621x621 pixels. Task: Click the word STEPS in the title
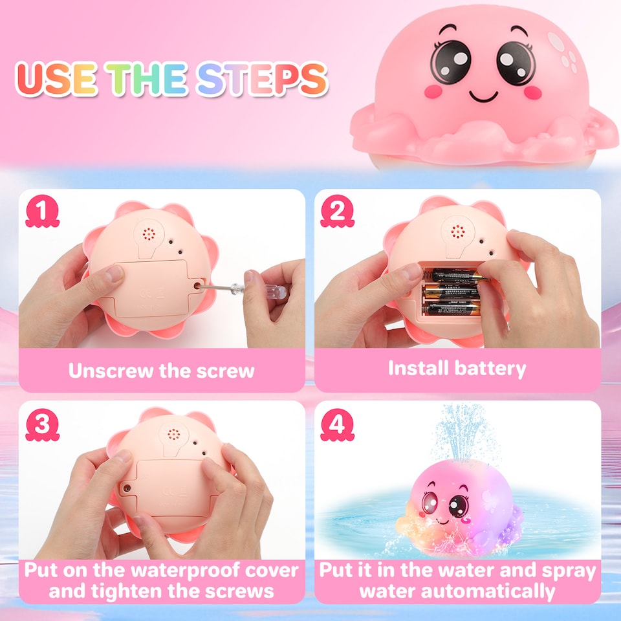pos(262,79)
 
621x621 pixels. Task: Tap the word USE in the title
pos(56,79)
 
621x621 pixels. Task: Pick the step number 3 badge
pos(42,425)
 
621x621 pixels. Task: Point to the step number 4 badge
pos(337,425)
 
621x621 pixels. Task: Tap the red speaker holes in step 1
pos(149,234)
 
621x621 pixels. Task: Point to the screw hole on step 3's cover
pos(127,488)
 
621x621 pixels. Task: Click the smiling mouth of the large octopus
pos(483,96)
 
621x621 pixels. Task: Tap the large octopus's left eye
pos(451,61)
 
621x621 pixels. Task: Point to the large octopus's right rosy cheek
pos(532,93)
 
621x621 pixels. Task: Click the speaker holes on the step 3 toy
pos(173,434)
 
